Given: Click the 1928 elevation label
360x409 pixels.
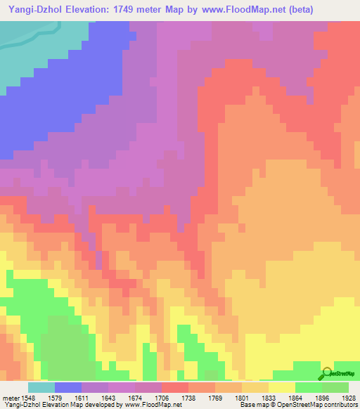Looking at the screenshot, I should pos(349,396).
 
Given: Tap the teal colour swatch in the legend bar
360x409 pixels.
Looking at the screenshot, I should pos(41,387).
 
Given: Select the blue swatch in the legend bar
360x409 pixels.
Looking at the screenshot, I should pos(67,387).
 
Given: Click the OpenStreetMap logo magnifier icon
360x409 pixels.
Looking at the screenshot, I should pos(327,372).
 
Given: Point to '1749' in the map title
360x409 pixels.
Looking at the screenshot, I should pos(138,9).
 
